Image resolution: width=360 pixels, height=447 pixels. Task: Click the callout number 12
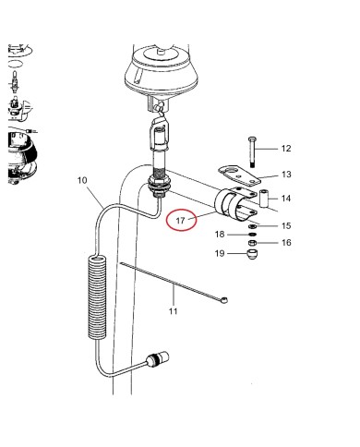pyautogui.click(x=285, y=149)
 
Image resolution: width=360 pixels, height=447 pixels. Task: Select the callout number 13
pyautogui.click(x=285, y=174)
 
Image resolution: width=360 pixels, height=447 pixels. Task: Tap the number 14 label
pyautogui.click(x=285, y=199)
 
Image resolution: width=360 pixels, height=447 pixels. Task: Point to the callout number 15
pyautogui.click(x=285, y=225)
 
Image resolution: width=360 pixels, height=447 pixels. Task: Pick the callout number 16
pyautogui.click(x=285, y=242)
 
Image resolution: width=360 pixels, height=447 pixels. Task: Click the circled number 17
pyautogui.click(x=180, y=222)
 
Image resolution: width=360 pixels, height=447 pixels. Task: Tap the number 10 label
pyautogui.click(x=82, y=180)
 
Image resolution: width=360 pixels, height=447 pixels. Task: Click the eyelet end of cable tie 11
pyautogui.click(x=225, y=301)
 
